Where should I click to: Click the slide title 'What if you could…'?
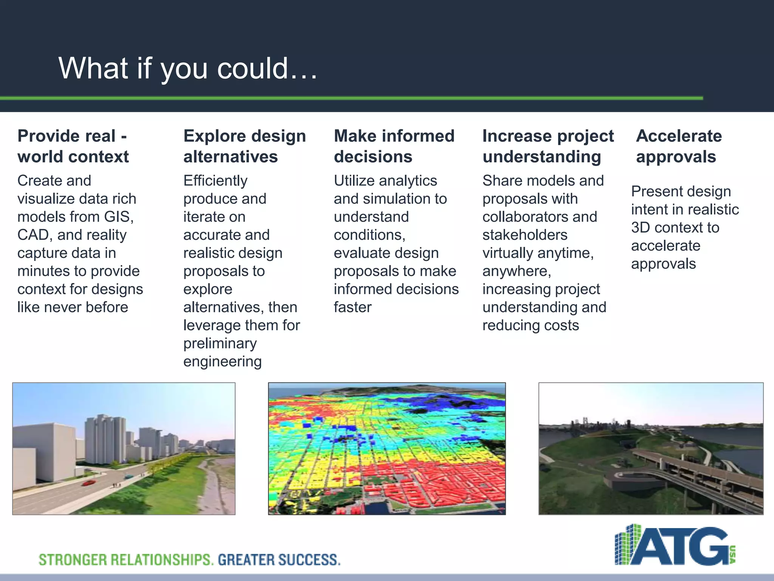click(187, 68)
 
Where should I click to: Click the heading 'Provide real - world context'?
click(73, 146)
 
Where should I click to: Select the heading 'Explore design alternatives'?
click(244, 146)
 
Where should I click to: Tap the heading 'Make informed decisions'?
click(394, 146)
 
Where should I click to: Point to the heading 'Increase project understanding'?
click(548, 146)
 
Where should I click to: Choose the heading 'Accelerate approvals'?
click(678, 146)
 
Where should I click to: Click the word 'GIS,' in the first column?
click(119, 217)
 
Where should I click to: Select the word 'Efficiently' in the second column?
click(215, 181)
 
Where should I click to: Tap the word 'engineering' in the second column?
click(222, 362)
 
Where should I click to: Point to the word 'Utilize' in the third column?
click(354, 181)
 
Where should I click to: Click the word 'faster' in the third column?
click(352, 308)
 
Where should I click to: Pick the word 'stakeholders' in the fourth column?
click(525, 235)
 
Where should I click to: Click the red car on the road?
click(89, 483)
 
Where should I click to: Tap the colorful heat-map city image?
click(387, 449)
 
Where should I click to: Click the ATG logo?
click(675, 545)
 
